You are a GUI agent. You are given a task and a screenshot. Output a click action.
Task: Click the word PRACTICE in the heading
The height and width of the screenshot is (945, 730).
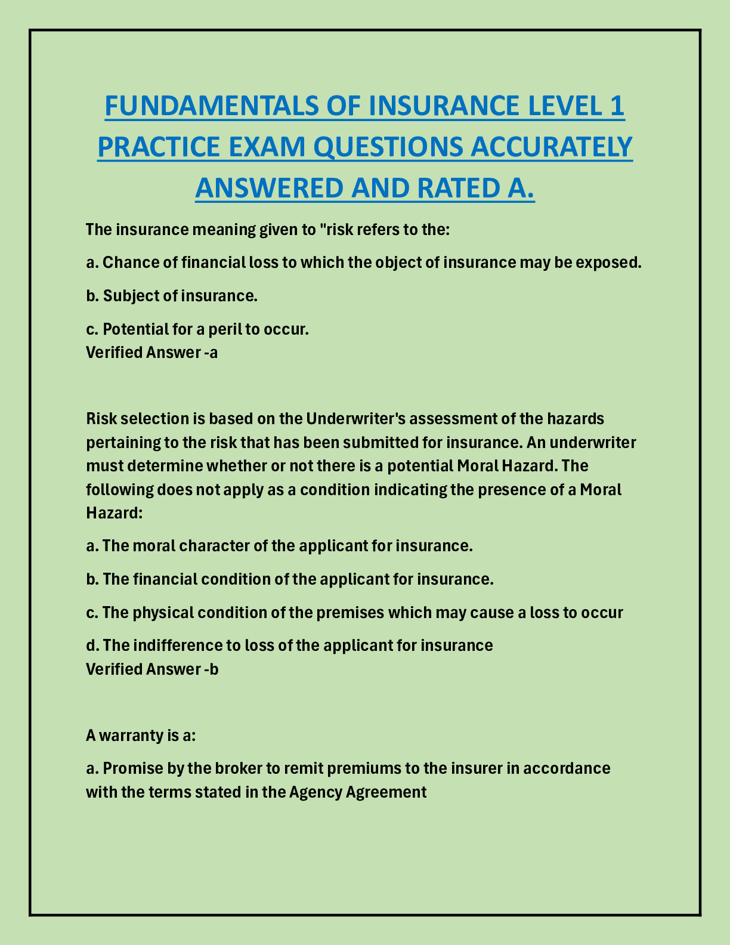[x=157, y=147]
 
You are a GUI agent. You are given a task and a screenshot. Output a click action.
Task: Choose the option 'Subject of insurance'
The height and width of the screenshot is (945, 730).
[x=172, y=296]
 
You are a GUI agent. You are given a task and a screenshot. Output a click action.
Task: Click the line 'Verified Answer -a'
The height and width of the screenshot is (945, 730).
[x=151, y=353]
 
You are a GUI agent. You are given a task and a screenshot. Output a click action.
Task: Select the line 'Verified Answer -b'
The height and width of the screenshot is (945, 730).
[x=152, y=669]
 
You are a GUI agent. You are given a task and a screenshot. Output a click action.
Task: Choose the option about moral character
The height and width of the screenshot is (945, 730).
[x=279, y=546]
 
